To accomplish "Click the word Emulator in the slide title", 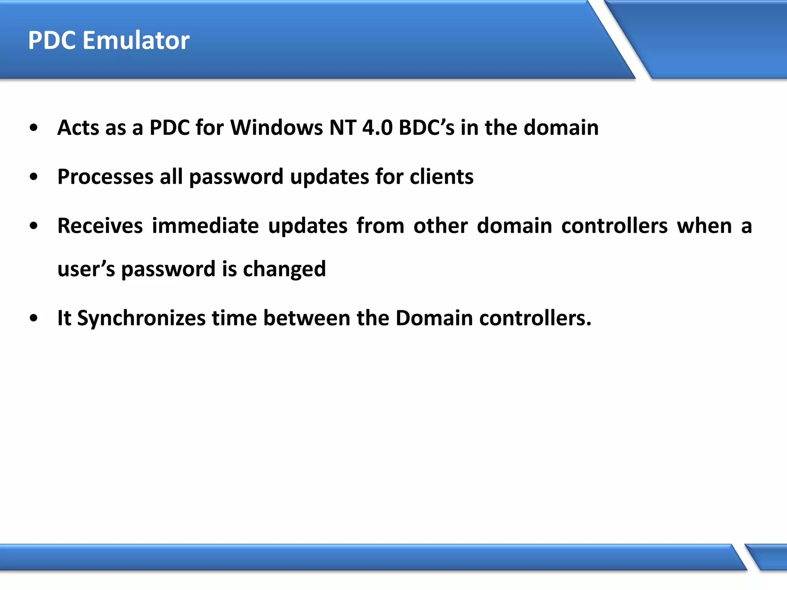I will pos(136,40).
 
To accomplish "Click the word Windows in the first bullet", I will pos(276,128).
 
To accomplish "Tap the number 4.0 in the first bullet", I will pos(377,128).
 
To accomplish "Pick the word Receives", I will pos(100,226).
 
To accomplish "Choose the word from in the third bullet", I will pos(380,226).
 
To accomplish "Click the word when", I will pos(704,226).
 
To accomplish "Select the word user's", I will pos(86,269).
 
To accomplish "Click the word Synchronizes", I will pos(141,318).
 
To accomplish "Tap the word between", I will pos(307,318).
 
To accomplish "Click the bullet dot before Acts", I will pos(34,128).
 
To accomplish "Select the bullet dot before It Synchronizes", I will pos(34,318).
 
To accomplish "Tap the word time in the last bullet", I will pos(234,318).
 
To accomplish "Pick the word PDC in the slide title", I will pos(52,40).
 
